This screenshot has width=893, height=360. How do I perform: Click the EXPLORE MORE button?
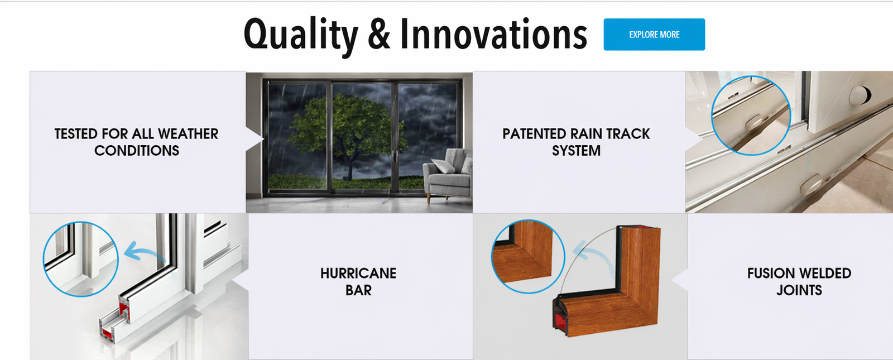point(654,34)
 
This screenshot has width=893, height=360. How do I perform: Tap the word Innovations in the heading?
point(493,33)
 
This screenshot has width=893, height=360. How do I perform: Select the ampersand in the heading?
point(379,34)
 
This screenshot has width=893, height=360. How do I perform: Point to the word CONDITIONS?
point(137,151)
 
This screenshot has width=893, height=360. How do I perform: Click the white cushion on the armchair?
point(443,166)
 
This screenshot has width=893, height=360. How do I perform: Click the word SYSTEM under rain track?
point(576,151)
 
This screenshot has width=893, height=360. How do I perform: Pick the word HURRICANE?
point(358,273)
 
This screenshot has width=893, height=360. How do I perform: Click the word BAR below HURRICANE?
point(358,290)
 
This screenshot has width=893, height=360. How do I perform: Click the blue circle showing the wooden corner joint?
point(492,256)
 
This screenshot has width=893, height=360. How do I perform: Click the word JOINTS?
point(799,290)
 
